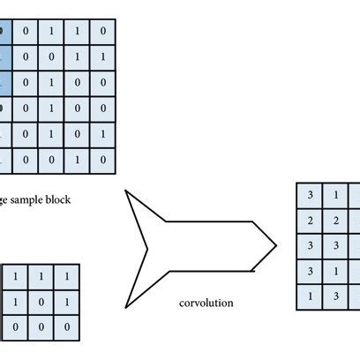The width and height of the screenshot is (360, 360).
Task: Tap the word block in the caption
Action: [x=59, y=199]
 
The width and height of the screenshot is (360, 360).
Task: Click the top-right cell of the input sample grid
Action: [x=104, y=32]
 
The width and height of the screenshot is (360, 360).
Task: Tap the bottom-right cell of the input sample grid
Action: [x=104, y=161]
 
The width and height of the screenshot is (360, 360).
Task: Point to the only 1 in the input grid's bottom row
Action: [x=78, y=161]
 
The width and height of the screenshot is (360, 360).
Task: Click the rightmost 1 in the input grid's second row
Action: [x=104, y=57]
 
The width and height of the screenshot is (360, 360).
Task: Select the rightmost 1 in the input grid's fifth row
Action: [x=104, y=135]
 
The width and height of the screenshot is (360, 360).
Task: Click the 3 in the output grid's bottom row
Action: [x=335, y=296]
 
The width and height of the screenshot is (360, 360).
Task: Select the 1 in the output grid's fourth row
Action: [x=335, y=271]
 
